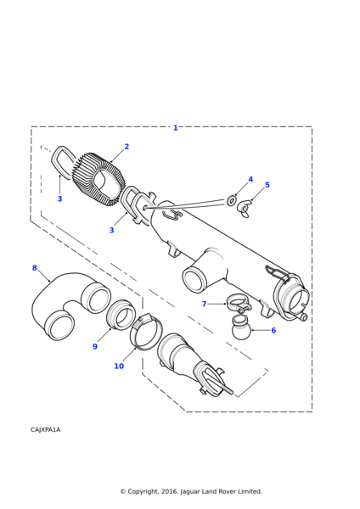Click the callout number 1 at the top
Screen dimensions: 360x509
(x=176, y=128)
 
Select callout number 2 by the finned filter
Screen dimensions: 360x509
(x=127, y=147)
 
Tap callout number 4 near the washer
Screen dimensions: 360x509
(x=250, y=180)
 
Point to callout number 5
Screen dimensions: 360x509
(x=267, y=185)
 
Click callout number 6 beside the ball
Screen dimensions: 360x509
(x=273, y=331)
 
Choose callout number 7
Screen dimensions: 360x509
(x=204, y=304)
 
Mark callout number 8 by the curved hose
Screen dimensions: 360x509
(x=35, y=268)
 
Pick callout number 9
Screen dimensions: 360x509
(x=95, y=347)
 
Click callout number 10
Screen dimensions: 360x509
(x=119, y=366)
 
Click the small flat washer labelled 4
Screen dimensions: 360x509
(x=231, y=201)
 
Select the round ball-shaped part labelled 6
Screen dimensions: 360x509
(x=241, y=328)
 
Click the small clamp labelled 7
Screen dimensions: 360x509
(x=239, y=303)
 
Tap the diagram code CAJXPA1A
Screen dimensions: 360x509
(x=46, y=430)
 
